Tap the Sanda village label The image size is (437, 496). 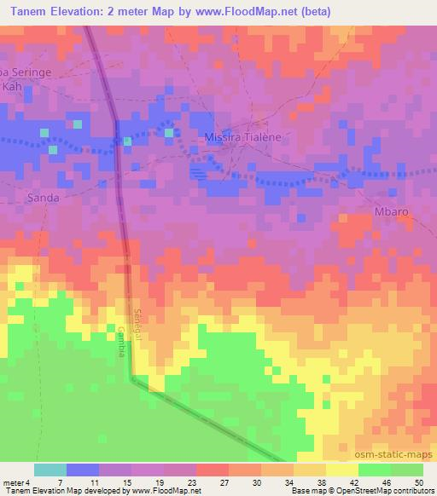point(43,197)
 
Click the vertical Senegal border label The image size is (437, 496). point(139,322)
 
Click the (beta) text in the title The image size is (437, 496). point(313,12)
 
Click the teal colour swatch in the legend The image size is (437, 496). point(50,470)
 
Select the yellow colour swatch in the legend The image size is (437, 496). point(341,470)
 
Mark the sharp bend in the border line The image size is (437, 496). point(132,379)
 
